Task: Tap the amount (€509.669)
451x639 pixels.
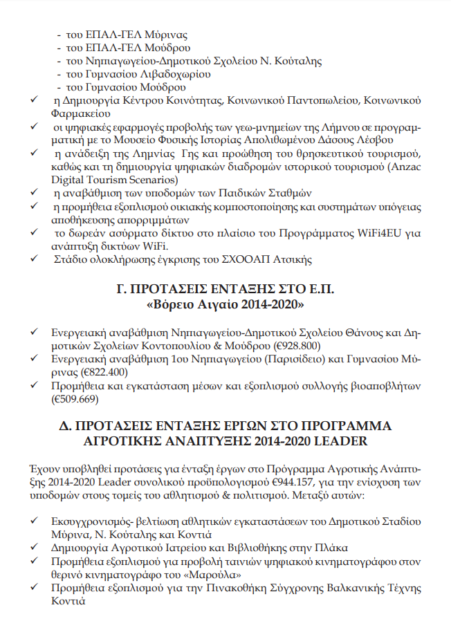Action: (x=75, y=399)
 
